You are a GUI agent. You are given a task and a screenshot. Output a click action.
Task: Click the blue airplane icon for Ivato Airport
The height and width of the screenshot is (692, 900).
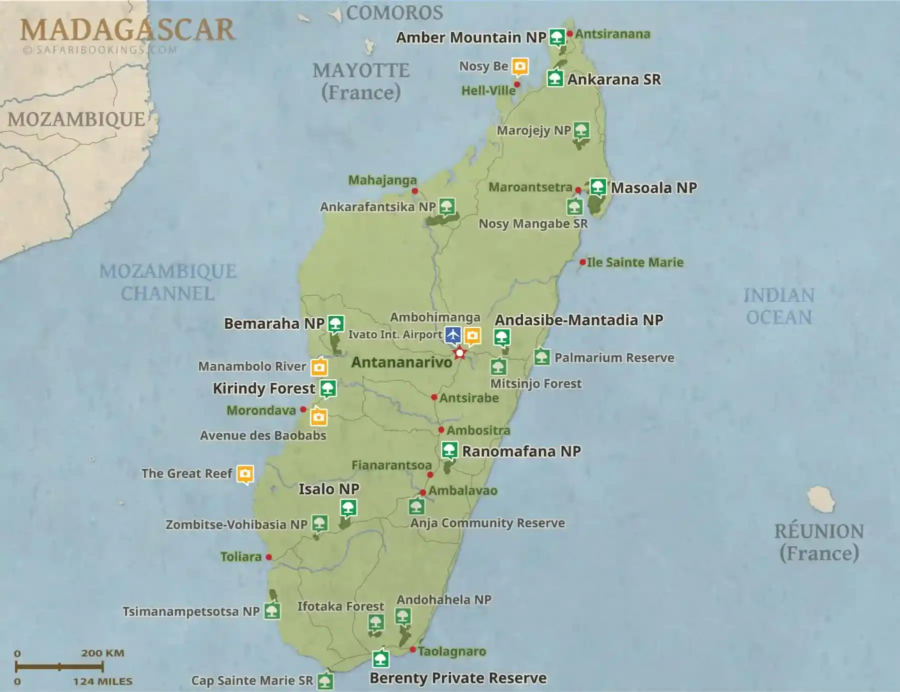click(453, 334)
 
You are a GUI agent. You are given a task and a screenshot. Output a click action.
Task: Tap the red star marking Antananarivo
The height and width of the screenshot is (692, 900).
click(459, 353)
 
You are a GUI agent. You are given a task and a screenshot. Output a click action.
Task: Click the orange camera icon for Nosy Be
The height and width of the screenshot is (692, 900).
click(520, 66)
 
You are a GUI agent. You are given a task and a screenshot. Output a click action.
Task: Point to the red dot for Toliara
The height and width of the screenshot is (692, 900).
click(268, 557)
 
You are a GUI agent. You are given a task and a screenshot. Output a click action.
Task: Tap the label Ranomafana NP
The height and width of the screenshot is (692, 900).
click(521, 451)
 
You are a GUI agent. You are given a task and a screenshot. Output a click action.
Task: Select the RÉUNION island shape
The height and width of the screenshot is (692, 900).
click(821, 499)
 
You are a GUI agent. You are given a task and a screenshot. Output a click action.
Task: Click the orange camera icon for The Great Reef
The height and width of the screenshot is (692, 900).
click(244, 473)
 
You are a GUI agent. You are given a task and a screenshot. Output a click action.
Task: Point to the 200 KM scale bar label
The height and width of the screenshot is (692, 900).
click(102, 653)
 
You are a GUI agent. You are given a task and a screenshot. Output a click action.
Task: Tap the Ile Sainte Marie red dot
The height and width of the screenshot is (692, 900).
click(582, 262)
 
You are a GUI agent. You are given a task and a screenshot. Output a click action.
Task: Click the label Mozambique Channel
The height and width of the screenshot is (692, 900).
click(168, 282)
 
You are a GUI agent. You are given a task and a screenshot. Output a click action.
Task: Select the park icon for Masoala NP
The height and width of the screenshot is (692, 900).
click(597, 187)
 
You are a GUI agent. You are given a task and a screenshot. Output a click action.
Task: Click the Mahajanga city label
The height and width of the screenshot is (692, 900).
click(382, 180)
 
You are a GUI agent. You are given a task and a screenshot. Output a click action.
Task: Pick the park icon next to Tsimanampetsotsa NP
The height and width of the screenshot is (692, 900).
click(272, 610)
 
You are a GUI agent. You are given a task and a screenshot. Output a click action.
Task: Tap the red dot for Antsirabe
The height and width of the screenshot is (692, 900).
click(434, 397)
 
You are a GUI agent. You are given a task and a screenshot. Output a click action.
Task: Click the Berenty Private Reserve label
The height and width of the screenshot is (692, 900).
click(458, 678)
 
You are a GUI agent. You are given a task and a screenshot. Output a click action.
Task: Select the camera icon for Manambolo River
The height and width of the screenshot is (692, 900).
click(319, 367)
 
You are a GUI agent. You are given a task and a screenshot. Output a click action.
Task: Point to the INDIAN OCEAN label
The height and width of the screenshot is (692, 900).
click(778, 306)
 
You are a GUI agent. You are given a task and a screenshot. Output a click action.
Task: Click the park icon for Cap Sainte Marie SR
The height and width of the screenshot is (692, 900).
click(325, 681)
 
